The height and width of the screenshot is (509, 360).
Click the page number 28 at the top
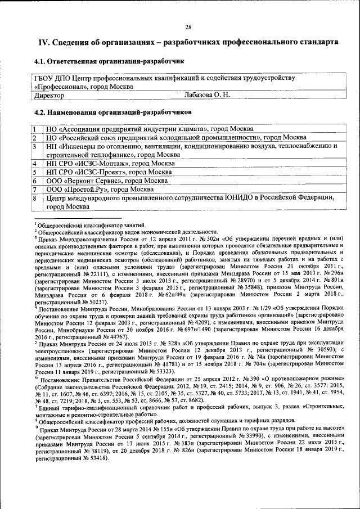point(188,27)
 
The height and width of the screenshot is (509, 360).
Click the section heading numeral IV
point(44,43)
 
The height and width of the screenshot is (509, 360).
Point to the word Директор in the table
point(49,96)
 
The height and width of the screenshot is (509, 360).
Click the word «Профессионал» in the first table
point(62,87)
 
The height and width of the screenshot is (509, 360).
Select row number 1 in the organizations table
point(34,129)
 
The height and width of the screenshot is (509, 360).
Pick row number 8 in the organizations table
point(34,198)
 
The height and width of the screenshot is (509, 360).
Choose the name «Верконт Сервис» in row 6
point(93,181)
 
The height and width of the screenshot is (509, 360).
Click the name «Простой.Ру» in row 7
point(87,190)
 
